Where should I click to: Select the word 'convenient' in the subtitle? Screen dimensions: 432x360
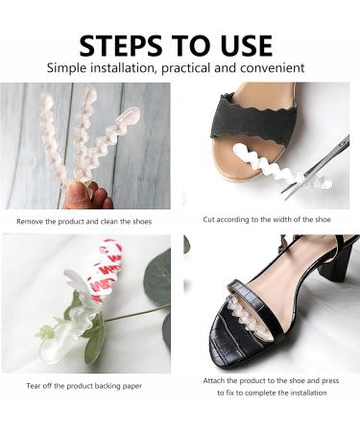coord(270,69)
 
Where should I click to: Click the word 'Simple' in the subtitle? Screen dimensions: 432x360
coord(71,69)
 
